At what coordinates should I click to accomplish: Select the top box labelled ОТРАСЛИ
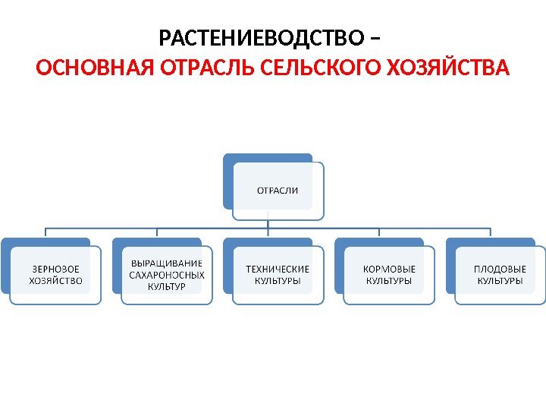(x=278, y=191)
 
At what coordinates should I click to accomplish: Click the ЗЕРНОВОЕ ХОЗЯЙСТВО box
(x=55, y=276)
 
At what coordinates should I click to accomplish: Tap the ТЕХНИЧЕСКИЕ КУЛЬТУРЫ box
(x=278, y=276)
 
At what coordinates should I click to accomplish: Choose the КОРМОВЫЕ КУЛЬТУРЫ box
(x=389, y=276)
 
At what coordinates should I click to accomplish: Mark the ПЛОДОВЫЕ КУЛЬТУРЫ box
(x=500, y=276)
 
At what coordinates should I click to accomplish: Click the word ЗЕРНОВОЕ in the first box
(x=55, y=269)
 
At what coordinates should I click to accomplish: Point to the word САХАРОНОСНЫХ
(x=167, y=275)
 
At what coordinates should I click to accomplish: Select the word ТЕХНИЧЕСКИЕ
(x=278, y=269)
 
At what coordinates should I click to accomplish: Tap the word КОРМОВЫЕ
(x=389, y=269)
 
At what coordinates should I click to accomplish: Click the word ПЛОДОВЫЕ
(x=500, y=269)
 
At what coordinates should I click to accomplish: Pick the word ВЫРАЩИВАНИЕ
(x=167, y=263)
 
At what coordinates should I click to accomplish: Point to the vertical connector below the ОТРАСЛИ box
(x=269, y=223)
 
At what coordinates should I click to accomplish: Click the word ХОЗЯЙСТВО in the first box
(x=55, y=281)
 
